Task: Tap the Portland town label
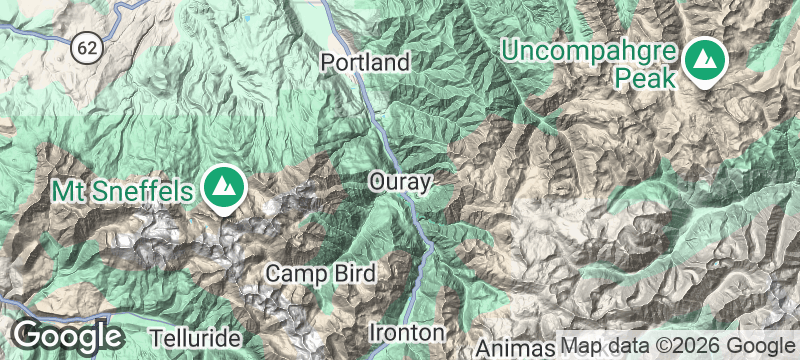pos(365,62)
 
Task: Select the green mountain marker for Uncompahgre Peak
pos(707,62)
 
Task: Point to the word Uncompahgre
pos(592,49)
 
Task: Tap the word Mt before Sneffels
pos(70,189)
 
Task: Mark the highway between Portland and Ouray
pos(380,120)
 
